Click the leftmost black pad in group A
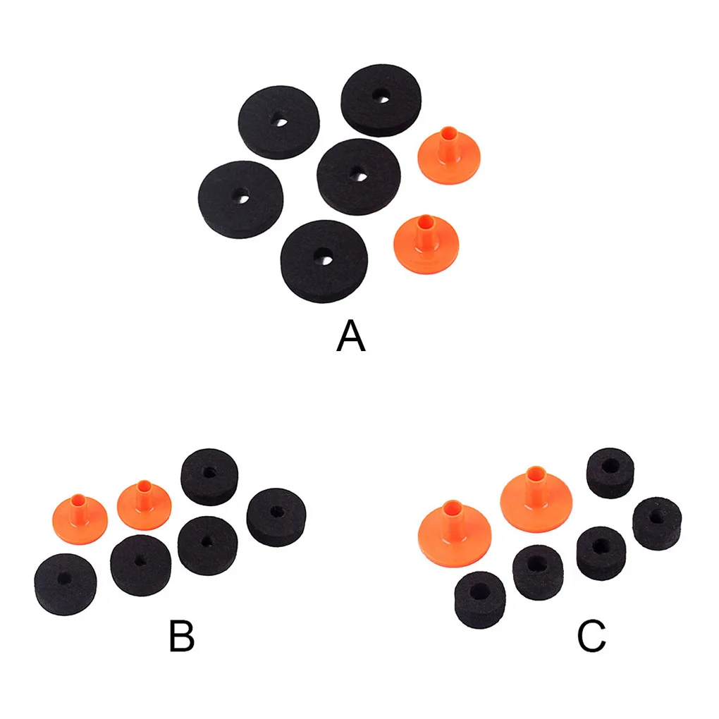point(241,199)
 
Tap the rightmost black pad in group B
point(276,517)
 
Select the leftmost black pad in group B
point(65,583)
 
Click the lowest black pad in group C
point(480,598)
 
